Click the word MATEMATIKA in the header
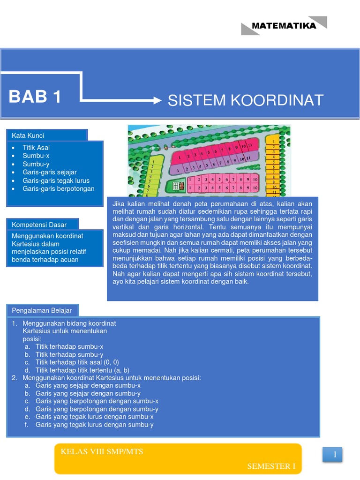click(284, 26)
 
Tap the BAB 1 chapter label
click(35, 97)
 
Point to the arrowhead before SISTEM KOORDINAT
click(157, 100)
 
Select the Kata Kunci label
click(28, 135)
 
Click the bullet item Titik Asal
click(36, 148)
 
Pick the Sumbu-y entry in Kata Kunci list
click(36, 164)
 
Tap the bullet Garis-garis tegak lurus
click(56, 180)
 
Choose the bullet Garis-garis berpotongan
click(58, 188)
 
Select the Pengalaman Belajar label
click(42, 310)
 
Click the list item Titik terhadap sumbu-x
click(69, 347)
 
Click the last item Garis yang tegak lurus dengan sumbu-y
click(94, 425)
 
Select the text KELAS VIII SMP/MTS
click(102, 452)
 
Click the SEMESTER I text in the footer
click(271, 466)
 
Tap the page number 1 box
click(335, 454)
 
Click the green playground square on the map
click(177, 186)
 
